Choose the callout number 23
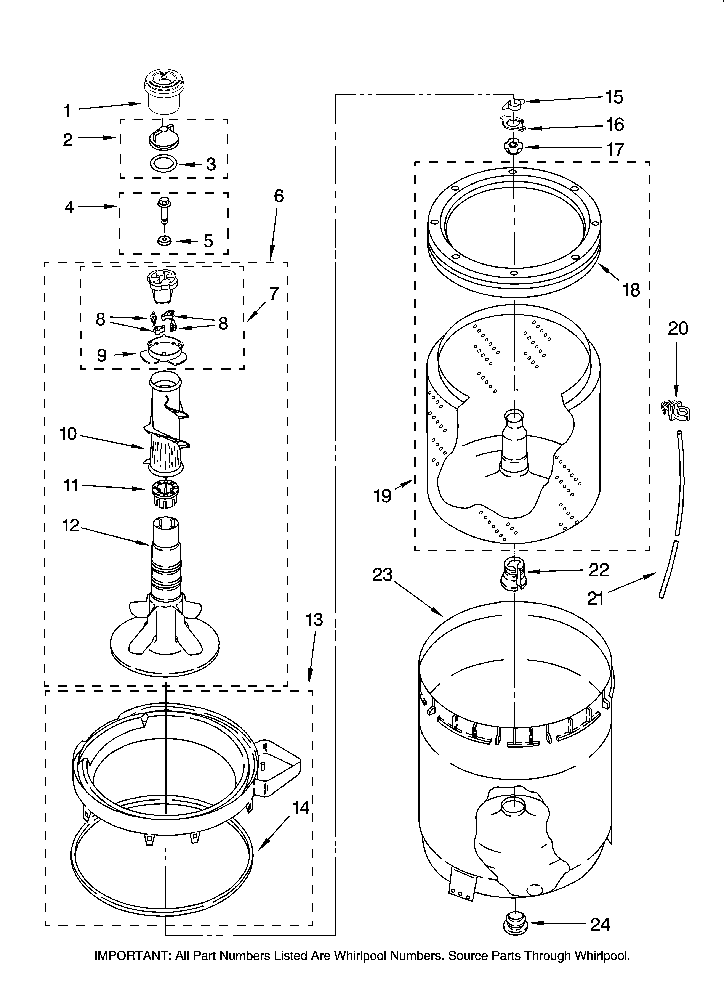tap(382, 575)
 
